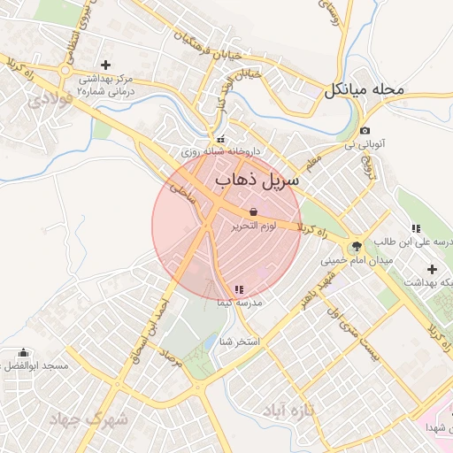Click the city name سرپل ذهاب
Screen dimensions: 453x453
257,180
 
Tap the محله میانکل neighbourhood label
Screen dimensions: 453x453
365,89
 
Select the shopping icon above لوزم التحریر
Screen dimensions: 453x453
254,212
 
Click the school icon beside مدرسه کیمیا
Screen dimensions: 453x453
240,289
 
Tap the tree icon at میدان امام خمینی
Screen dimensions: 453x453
357,247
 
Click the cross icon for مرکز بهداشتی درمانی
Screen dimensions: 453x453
106,64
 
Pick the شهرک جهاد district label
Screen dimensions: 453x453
88,418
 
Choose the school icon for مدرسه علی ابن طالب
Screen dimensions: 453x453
416,228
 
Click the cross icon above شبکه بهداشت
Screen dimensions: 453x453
432,269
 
